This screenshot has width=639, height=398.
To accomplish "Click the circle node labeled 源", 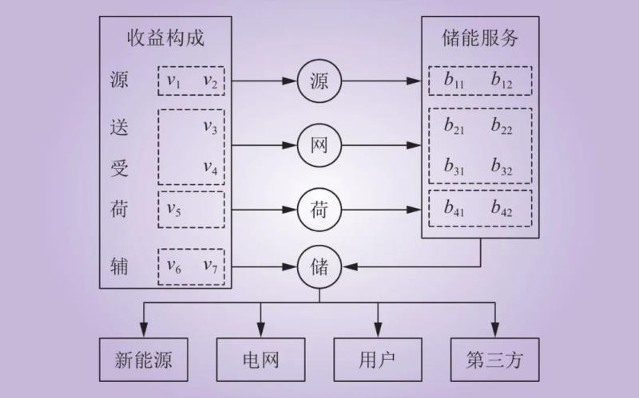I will [x=319, y=81].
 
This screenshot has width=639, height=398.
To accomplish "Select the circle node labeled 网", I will [x=319, y=145].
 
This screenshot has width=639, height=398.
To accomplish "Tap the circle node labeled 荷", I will [x=319, y=210].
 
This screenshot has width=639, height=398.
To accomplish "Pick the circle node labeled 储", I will [x=319, y=266].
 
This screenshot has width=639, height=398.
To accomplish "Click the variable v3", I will [x=210, y=127].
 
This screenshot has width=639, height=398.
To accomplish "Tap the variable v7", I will [x=210, y=266].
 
